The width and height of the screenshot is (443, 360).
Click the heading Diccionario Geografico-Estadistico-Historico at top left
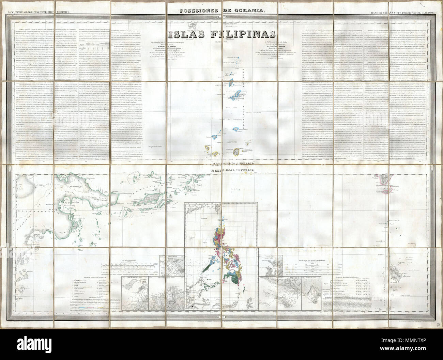click(39, 13)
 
